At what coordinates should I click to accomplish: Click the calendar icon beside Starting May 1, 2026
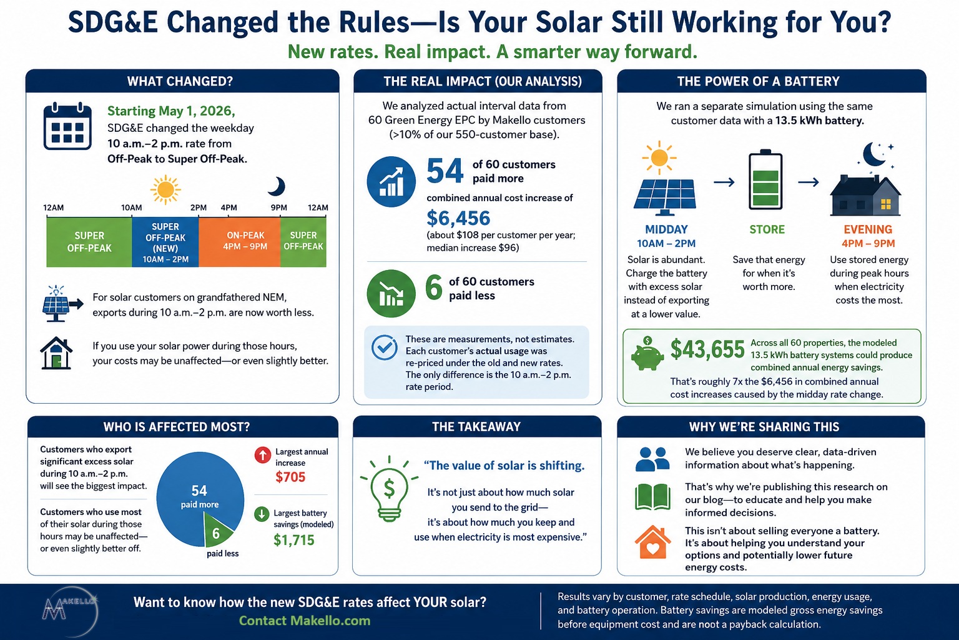(67, 126)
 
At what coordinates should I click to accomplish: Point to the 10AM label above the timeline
(132, 208)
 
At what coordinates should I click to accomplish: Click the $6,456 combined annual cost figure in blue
(458, 218)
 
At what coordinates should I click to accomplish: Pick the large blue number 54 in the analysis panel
(445, 171)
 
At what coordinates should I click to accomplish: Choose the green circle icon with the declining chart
(391, 294)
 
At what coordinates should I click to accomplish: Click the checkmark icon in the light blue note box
(384, 347)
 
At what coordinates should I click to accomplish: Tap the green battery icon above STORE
(765, 179)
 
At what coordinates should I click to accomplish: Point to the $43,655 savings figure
(707, 349)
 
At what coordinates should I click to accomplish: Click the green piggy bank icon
(647, 354)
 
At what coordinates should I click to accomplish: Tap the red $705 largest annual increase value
(290, 477)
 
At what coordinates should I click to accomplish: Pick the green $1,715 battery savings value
(293, 540)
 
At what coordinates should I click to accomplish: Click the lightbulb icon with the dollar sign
(389, 489)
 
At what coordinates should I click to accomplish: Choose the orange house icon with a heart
(652, 542)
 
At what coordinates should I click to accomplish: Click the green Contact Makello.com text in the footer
(305, 621)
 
